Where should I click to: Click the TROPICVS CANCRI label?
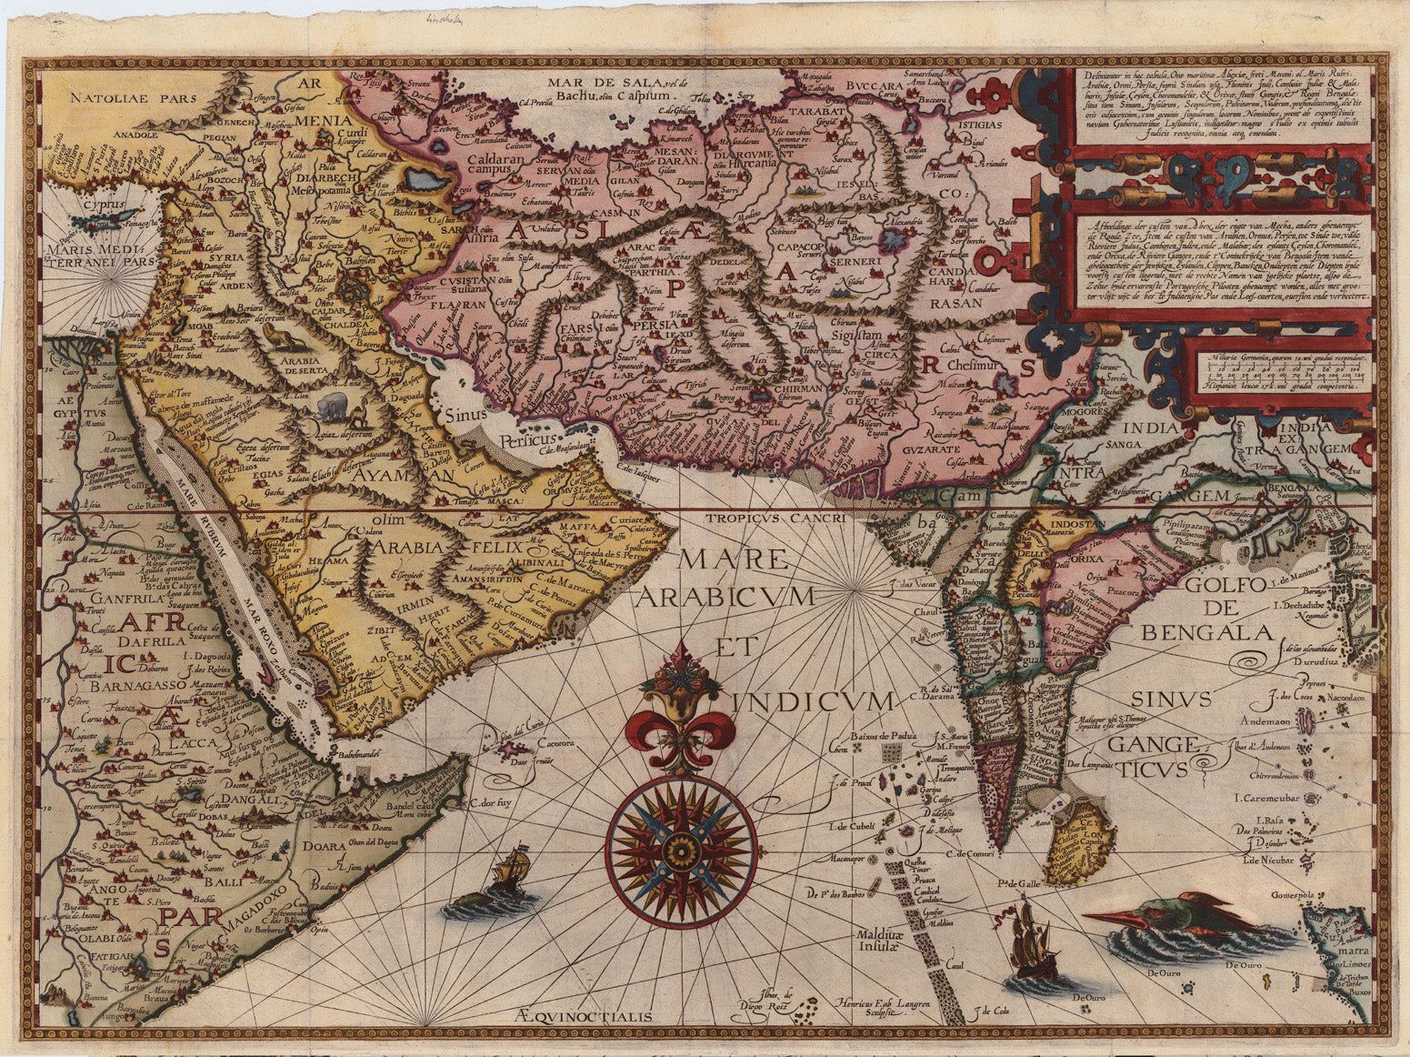click(776, 516)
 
